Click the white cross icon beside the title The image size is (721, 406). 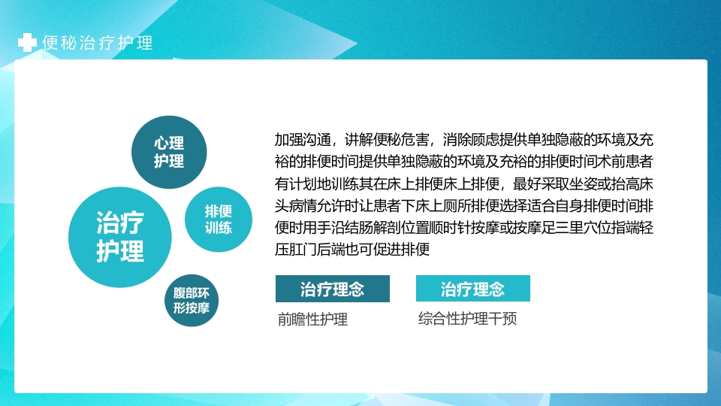pyautogui.click(x=27, y=43)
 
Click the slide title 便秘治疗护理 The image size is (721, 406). pyautogui.click(x=98, y=43)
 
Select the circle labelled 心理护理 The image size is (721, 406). pyautogui.click(x=169, y=152)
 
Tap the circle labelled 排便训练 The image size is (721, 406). pyautogui.click(x=218, y=219)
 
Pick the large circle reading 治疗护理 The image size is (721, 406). pyautogui.click(x=120, y=236)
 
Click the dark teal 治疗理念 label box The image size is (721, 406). pyautogui.click(x=332, y=289)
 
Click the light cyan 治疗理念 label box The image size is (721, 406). pyautogui.click(x=473, y=289)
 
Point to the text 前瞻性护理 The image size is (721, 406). pyautogui.click(x=312, y=320)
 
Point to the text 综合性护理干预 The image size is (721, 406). pyautogui.click(x=467, y=319)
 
